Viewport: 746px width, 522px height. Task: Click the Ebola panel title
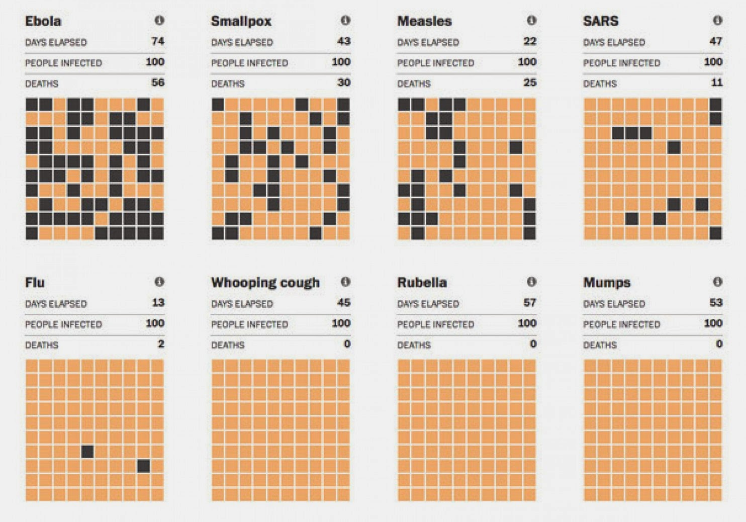43,21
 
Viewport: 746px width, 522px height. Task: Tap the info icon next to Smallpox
345,20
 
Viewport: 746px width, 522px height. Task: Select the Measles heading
424,21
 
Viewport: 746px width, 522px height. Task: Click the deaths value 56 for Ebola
157,82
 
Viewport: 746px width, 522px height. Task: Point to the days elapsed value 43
344,41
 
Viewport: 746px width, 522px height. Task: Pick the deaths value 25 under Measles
530,82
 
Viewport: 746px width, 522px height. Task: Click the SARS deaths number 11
717,82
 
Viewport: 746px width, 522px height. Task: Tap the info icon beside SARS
717,20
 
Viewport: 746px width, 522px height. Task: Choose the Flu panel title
35,283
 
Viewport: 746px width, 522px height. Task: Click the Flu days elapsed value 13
158,302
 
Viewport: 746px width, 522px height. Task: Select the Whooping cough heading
265,283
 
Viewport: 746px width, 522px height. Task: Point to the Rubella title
422,283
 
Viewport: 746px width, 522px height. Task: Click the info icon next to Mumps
717,282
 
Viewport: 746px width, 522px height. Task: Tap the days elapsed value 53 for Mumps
716,302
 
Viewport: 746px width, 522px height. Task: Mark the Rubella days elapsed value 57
530,302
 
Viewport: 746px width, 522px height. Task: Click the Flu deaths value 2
161,344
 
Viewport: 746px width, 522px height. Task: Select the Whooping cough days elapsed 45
344,302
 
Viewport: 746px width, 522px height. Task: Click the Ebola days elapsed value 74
158,41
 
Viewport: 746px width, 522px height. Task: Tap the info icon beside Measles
531,20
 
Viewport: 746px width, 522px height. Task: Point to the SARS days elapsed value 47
716,41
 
